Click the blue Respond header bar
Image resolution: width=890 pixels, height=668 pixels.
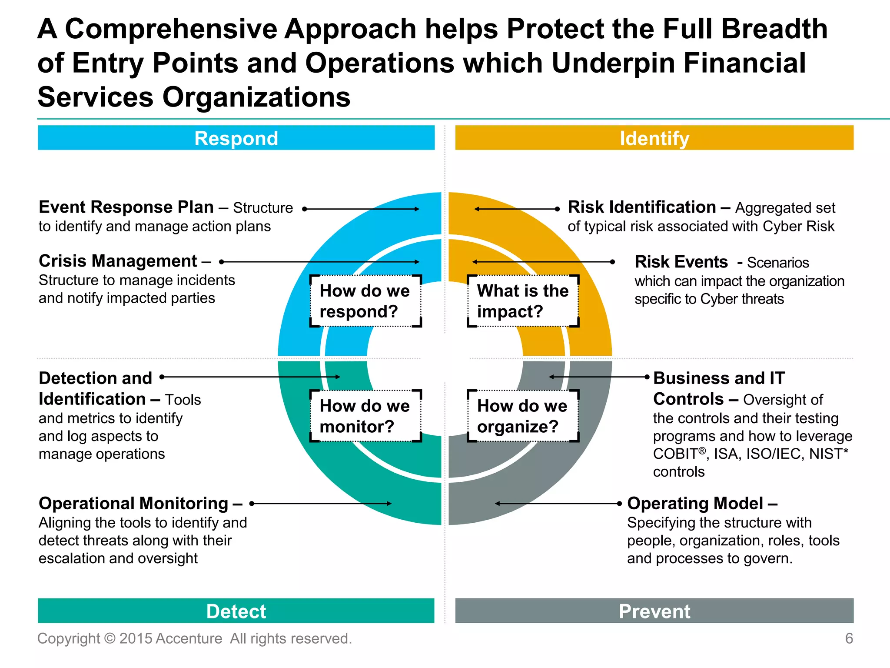(236, 138)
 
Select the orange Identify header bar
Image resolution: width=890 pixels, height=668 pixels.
(654, 138)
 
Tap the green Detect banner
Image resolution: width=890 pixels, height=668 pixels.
(236, 611)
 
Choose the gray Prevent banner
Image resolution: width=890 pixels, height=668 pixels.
(654, 611)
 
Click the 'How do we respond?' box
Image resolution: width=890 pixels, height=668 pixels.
(365, 301)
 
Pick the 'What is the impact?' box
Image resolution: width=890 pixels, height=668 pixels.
(523, 301)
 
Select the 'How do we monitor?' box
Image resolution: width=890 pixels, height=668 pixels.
(365, 416)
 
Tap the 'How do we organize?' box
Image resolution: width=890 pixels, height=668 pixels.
(523, 416)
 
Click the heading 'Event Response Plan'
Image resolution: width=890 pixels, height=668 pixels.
(126, 207)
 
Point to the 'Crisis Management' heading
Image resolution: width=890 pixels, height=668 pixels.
(118, 261)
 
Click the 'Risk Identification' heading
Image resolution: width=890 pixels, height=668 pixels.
(642, 207)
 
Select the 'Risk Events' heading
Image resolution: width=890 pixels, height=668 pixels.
(681, 262)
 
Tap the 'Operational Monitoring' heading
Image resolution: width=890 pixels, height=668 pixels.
(133, 503)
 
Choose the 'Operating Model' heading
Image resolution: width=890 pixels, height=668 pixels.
(695, 503)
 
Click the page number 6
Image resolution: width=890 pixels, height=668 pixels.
(849, 638)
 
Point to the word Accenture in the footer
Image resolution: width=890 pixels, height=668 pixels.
(189, 638)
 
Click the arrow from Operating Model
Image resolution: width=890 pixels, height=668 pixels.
(558, 503)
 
